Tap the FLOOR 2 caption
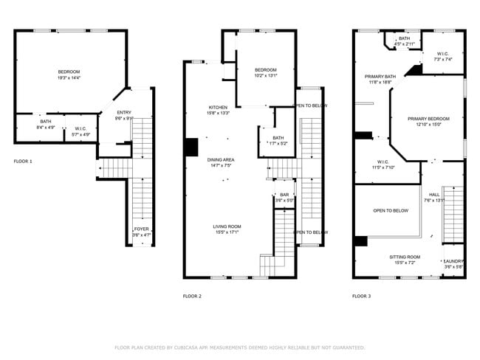click(x=192, y=296)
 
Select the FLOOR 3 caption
click(x=361, y=296)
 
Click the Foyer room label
click(x=140, y=229)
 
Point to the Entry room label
click(x=123, y=112)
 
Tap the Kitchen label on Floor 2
click(x=219, y=108)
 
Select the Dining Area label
click(x=221, y=160)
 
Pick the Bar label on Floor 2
click(x=284, y=195)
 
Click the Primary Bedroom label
click(x=428, y=119)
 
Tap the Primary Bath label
click(x=380, y=76)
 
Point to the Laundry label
click(x=453, y=261)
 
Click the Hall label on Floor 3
click(x=433, y=195)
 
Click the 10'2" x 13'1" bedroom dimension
click(x=265, y=75)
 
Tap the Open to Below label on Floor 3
click(x=391, y=210)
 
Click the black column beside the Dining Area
click(x=191, y=147)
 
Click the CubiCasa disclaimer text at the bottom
click(x=239, y=347)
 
